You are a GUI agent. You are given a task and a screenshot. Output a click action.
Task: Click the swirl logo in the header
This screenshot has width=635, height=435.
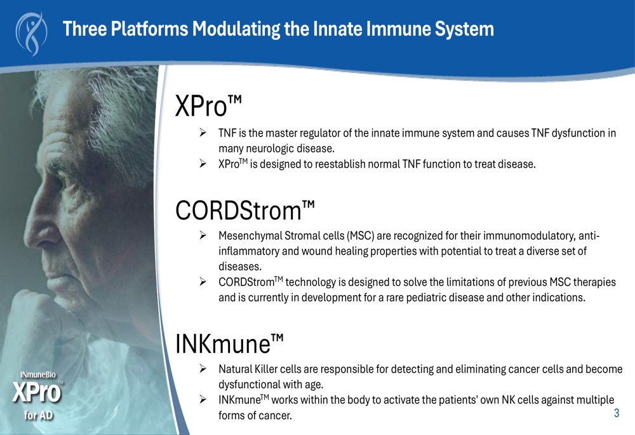[31, 33]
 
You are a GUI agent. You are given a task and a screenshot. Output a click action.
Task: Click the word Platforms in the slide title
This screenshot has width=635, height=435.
[149, 29]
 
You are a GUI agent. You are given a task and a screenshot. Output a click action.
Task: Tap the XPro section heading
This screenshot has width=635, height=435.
[208, 106]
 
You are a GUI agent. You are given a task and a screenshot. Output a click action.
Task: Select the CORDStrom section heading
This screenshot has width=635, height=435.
[244, 210]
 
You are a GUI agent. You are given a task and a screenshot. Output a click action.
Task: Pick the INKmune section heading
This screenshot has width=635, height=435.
[229, 344]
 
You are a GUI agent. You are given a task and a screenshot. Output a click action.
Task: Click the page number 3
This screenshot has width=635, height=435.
[617, 413]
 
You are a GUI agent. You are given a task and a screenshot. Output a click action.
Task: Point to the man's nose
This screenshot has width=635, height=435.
[36, 227]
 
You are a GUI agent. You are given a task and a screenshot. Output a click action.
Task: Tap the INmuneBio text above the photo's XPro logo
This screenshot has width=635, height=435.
[38, 375]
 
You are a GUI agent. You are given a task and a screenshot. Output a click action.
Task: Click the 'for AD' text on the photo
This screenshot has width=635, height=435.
[38, 415]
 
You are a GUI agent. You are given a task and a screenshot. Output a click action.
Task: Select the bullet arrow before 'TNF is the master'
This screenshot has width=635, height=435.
[203, 133]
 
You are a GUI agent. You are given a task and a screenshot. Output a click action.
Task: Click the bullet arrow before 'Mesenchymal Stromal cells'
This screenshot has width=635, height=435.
[203, 236]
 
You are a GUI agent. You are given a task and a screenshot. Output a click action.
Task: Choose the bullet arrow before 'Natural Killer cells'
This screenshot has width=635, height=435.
[203, 368]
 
